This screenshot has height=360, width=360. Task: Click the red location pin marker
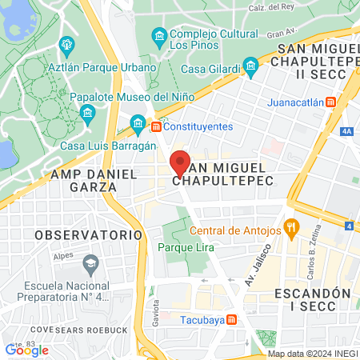point(180,162)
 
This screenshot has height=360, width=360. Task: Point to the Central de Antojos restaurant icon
point(291,230)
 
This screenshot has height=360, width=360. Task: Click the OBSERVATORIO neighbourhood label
point(88,235)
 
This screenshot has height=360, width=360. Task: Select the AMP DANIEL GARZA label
point(83,179)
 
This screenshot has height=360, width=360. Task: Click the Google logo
point(26,350)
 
